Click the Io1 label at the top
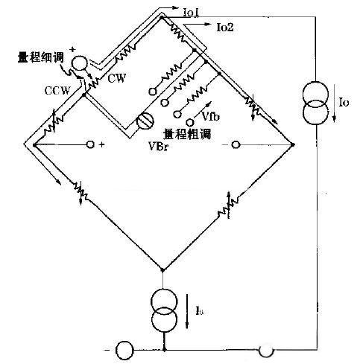pyautogui.click(x=191, y=13)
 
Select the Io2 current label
pyautogui.click(x=225, y=28)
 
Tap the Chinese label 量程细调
pyautogui.click(x=41, y=57)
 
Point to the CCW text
pyautogui.click(x=57, y=91)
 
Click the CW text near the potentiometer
pyautogui.click(x=117, y=78)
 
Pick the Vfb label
pyautogui.click(x=211, y=116)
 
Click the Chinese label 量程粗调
pyautogui.click(x=187, y=134)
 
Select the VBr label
pyautogui.click(x=159, y=147)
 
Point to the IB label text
pyautogui.click(x=199, y=310)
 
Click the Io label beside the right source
pyautogui.click(x=344, y=103)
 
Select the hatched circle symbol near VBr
pyautogui.click(x=145, y=121)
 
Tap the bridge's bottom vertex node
pyautogui.click(x=162, y=269)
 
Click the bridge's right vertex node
pyautogui.click(x=293, y=144)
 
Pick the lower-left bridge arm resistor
pyautogui.click(x=80, y=191)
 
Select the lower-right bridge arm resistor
pyautogui.click(x=228, y=205)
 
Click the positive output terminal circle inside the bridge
pyautogui.click(x=90, y=144)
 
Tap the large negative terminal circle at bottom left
pyautogui.click(x=124, y=350)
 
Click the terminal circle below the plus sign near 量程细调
pyautogui.click(x=79, y=63)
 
